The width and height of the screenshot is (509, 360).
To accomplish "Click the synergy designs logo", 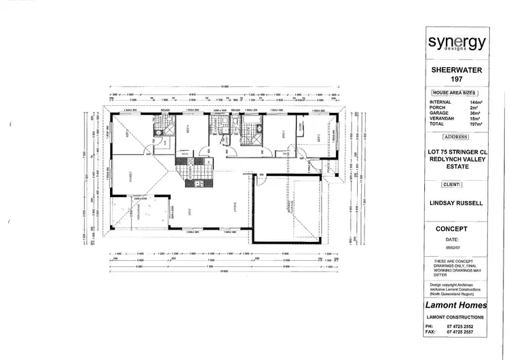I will (x=456, y=43).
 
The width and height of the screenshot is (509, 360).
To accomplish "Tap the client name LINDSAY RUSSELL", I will (x=456, y=202).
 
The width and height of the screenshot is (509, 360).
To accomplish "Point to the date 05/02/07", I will (x=453, y=248).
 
